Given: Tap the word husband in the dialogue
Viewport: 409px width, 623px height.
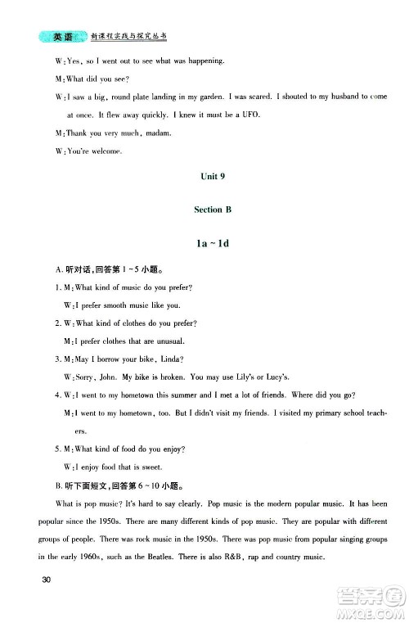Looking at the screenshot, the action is tap(330, 96).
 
